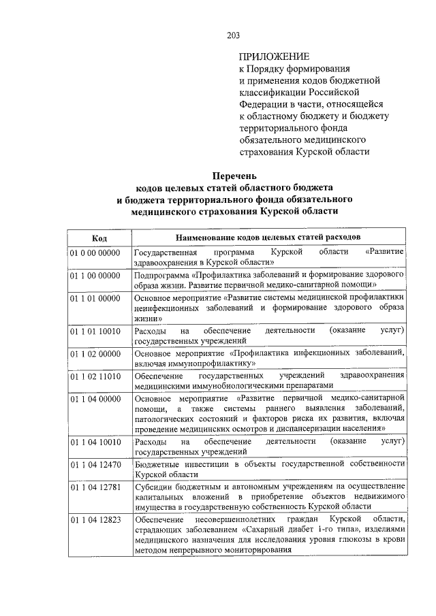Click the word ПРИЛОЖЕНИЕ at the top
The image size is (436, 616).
click(x=274, y=57)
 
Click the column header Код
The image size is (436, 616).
click(x=99, y=238)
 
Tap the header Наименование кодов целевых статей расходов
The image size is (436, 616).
click(x=268, y=238)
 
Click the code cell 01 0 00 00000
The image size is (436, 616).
click(x=95, y=253)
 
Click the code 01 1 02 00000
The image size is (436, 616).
click(x=95, y=354)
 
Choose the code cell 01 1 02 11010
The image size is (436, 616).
click(x=95, y=376)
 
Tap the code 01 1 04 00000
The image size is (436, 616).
click(x=95, y=399)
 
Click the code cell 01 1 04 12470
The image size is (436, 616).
click(x=95, y=465)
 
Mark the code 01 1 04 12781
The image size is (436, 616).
click(x=95, y=487)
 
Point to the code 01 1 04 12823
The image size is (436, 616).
click(x=95, y=521)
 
